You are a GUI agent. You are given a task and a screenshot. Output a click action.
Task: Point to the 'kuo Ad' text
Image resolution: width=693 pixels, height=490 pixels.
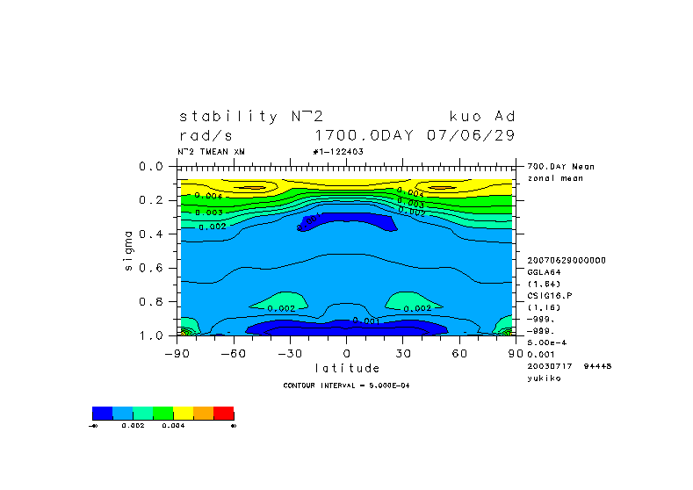click(482, 116)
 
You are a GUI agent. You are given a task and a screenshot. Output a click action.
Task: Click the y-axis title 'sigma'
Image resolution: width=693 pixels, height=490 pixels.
click(129, 251)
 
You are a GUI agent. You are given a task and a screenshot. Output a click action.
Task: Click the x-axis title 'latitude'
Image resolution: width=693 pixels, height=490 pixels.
click(347, 368)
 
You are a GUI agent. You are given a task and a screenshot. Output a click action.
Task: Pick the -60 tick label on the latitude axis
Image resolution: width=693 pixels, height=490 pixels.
click(229, 353)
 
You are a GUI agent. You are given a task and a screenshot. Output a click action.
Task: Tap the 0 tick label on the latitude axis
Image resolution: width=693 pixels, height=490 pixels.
click(347, 353)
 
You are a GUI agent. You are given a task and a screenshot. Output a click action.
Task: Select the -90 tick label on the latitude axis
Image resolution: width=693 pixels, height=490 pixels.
click(173, 353)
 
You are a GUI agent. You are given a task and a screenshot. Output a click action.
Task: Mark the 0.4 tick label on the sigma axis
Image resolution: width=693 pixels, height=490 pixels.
click(153, 234)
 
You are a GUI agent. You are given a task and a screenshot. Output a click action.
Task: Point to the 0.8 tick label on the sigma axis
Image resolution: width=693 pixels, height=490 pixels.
click(153, 301)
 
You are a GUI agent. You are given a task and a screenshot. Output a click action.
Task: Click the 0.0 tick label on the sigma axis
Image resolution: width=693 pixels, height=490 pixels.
click(153, 166)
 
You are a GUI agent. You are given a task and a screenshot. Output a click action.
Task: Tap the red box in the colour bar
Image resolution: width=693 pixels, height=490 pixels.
click(224, 413)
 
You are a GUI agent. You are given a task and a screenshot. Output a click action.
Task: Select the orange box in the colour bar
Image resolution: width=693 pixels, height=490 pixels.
click(204, 413)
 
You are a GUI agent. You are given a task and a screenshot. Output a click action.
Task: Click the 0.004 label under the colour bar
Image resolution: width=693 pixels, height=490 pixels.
click(173, 425)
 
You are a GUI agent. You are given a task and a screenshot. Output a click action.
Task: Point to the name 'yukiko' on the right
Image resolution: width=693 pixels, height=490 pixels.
click(544, 378)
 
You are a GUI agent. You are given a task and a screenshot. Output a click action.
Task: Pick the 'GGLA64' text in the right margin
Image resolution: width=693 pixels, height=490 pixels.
click(544, 272)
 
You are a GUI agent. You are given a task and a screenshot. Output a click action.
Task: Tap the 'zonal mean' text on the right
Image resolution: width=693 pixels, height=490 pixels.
click(550, 178)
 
